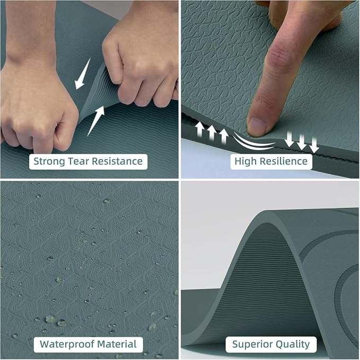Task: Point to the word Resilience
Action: (x=282, y=161)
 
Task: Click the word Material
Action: (x=117, y=344)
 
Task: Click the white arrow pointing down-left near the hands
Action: (x=82, y=74)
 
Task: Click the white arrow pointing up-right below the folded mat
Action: (x=96, y=121)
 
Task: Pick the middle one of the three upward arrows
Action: (x=212, y=132)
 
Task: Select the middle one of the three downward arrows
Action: (x=302, y=142)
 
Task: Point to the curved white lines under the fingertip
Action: (x=253, y=143)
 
